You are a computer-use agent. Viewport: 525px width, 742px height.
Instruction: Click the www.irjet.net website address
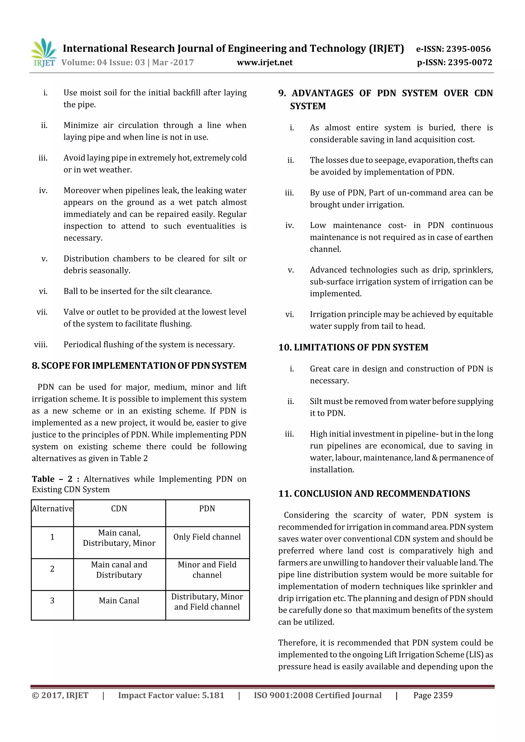pyautogui.click(x=265, y=62)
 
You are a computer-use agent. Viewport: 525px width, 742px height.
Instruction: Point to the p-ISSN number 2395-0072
pyautogui.click(x=470, y=62)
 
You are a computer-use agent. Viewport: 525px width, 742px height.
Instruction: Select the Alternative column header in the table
pyautogui.click(x=52, y=509)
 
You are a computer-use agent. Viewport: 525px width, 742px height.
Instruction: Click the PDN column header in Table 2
pyautogui.click(x=207, y=509)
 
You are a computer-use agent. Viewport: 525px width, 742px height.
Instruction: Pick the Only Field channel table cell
pyautogui.click(x=207, y=537)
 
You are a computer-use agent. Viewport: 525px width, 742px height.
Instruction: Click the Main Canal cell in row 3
pyautogui.click(x=119, y=601)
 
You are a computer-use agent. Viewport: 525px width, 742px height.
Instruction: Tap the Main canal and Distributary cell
pyautogui.click(x=119, y=570)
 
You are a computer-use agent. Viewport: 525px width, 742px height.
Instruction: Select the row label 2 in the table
pyautogui.click(x=52, y=569)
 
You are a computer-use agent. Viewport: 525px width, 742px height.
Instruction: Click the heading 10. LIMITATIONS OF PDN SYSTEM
pyautogui.click(x=353, y=347)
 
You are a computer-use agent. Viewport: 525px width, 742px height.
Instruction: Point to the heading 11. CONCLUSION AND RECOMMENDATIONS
pyautogui.click(x=374, y=493)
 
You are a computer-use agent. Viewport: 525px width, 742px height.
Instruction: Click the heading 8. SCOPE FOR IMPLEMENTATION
pyautogui.click(x=139, y=366)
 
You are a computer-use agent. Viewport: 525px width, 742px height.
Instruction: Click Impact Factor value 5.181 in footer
pyautogui.click(x=171, y=695)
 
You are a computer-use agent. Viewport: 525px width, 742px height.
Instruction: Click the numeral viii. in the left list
pyautogui.click(x=41, y=345)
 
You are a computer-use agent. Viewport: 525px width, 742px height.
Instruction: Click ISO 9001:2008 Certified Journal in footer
pyautogui.click(x=317, y=695)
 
